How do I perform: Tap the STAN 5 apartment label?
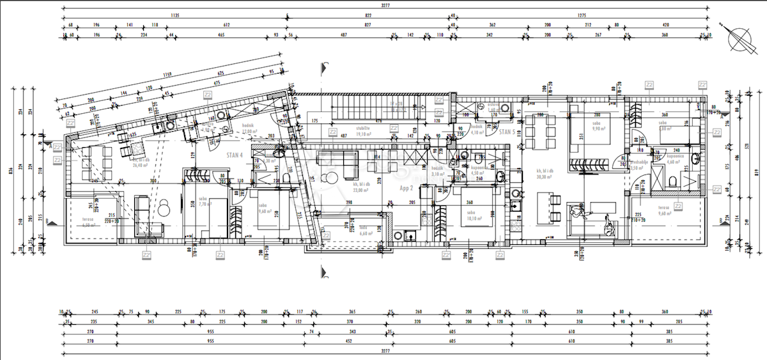[x=507, y=132]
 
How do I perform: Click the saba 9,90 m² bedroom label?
[x=598, y=125]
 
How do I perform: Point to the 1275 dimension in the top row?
[x=582, y=17]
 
